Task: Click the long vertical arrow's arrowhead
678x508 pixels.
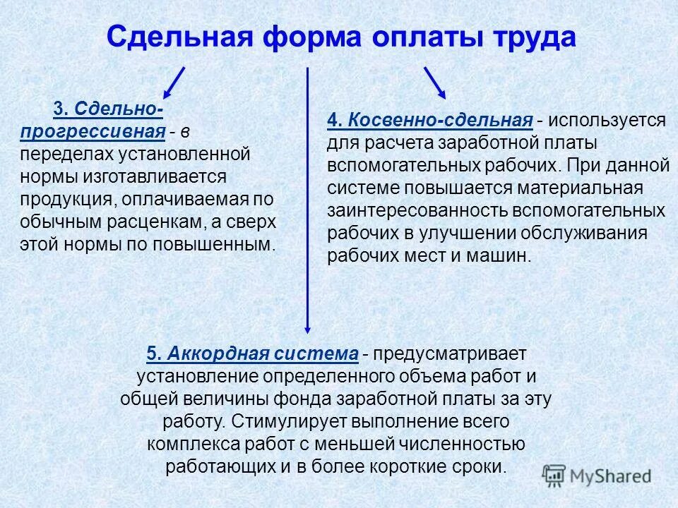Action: (307, 326)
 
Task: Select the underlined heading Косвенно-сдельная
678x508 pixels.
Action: (429, 121)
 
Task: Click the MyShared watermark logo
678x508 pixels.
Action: (597, 475)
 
